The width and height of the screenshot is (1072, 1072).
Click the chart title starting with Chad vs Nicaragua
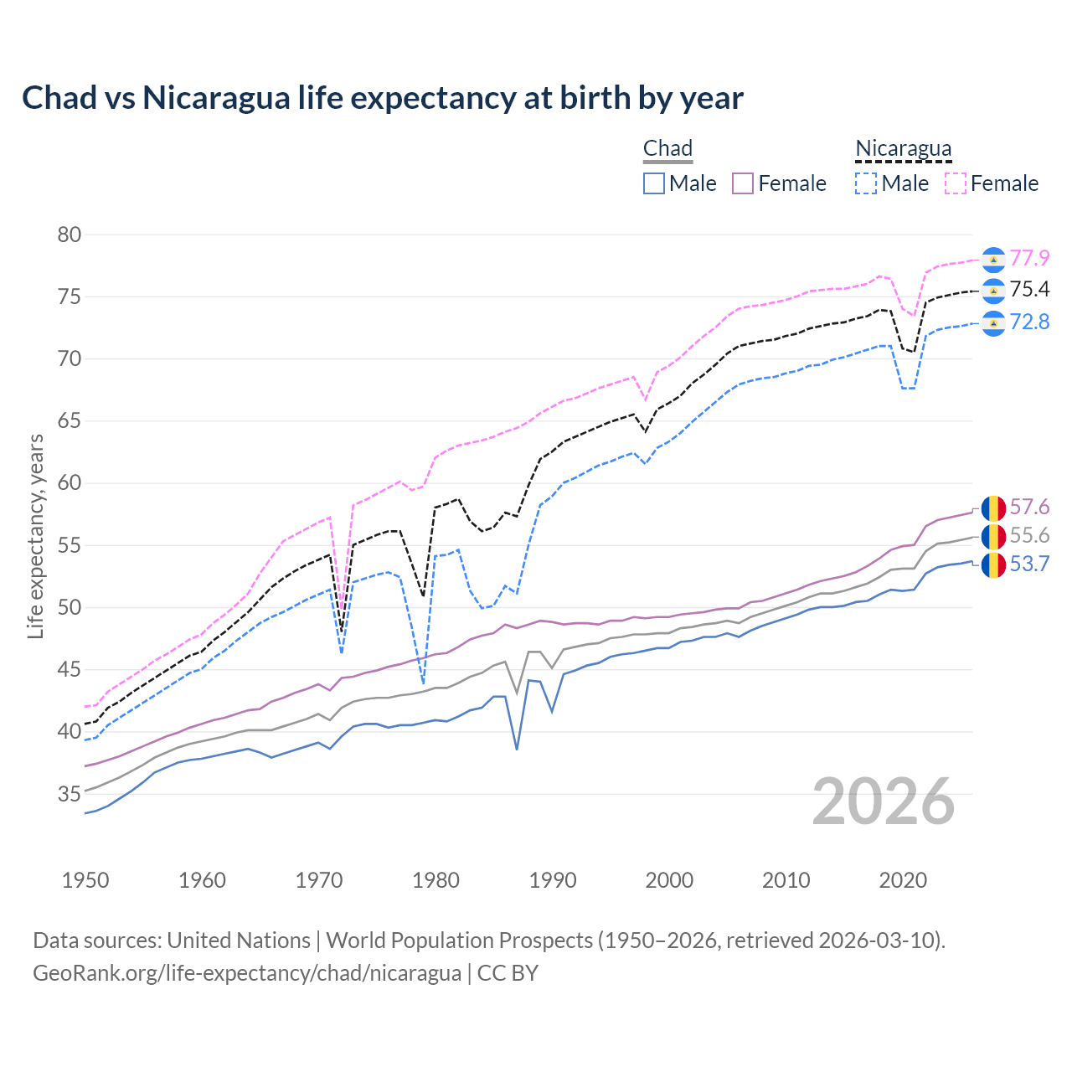coord(382,98)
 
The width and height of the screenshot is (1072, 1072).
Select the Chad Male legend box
coord(654,183)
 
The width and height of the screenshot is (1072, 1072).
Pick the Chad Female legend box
coord(743,183)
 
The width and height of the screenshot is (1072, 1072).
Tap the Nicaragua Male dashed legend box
coord(866,183)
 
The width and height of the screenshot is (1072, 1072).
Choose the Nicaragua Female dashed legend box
coord(956,183)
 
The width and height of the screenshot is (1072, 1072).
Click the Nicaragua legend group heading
coord(903,148)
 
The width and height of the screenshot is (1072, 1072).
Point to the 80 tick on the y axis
coord(70,234)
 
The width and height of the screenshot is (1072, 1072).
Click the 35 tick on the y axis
coord(70,794)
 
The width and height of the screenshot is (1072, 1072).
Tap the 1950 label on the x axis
coord(85,880)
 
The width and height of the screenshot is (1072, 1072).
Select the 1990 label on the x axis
coord(553,880)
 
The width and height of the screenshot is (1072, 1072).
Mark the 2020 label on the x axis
coord(903,880)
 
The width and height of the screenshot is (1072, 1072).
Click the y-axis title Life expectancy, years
coord(35,536)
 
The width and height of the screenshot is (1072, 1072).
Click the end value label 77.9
coord(1029,258)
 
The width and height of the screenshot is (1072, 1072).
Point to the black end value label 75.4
coord(1029,290)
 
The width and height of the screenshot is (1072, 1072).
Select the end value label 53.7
coord(1029,564)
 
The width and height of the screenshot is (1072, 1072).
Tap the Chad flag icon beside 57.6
coord(993,508)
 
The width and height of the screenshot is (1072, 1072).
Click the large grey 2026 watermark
coord(884,801)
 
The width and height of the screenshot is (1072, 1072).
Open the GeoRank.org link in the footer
coord(247,973)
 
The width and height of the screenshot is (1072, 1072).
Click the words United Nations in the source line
coord(239,941)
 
